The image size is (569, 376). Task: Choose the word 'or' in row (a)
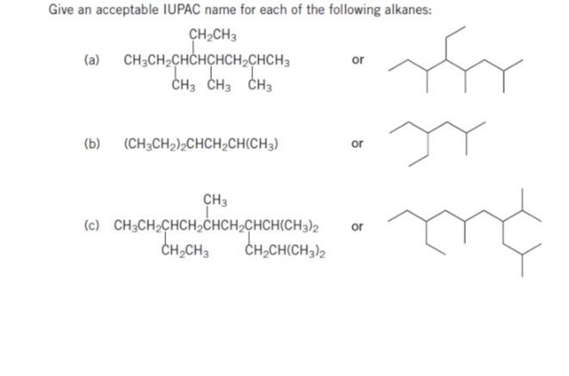click(359, 60)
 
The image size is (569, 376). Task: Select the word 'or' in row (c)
click(359, 228)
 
